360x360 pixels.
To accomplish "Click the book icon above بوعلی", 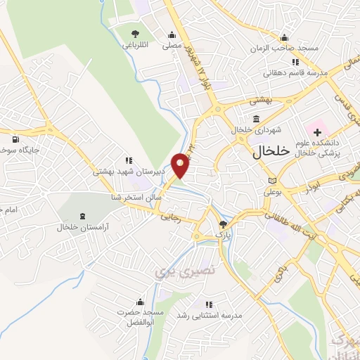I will [272, 181].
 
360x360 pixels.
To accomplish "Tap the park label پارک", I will [223, 233].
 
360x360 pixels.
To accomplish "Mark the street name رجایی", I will [191, 219].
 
